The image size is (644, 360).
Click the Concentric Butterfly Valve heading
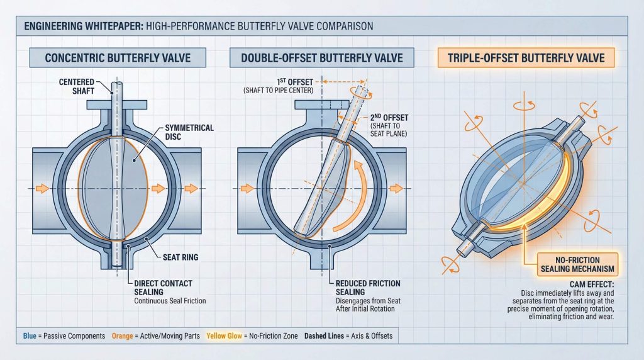tap(118, 59)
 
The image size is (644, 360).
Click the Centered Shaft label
tap(77, 86)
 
